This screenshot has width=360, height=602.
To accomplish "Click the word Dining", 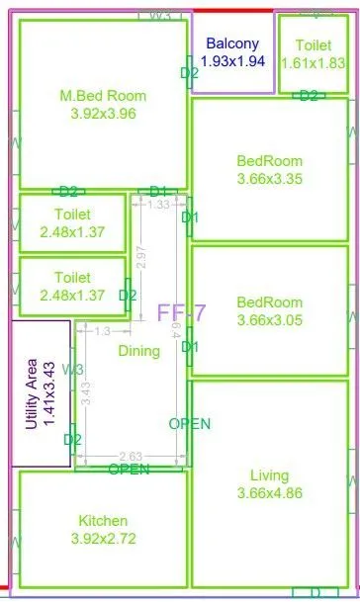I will (x=139, y=351).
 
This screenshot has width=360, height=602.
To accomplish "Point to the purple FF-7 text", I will (x=181, y=313).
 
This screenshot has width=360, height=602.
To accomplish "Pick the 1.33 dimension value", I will (x=157, y=205).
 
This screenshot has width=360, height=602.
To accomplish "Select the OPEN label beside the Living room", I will (x=190, y=423).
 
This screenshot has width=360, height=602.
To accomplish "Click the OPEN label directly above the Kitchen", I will (x=130, y=469).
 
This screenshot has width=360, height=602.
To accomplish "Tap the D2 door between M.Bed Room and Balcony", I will (x=189, y=72).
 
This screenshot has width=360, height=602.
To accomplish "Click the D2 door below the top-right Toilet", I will (x=309, y=96).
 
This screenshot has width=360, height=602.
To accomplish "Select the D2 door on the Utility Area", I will (x=72, y=439).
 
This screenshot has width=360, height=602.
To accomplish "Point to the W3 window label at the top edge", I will (x=160, y=16).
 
